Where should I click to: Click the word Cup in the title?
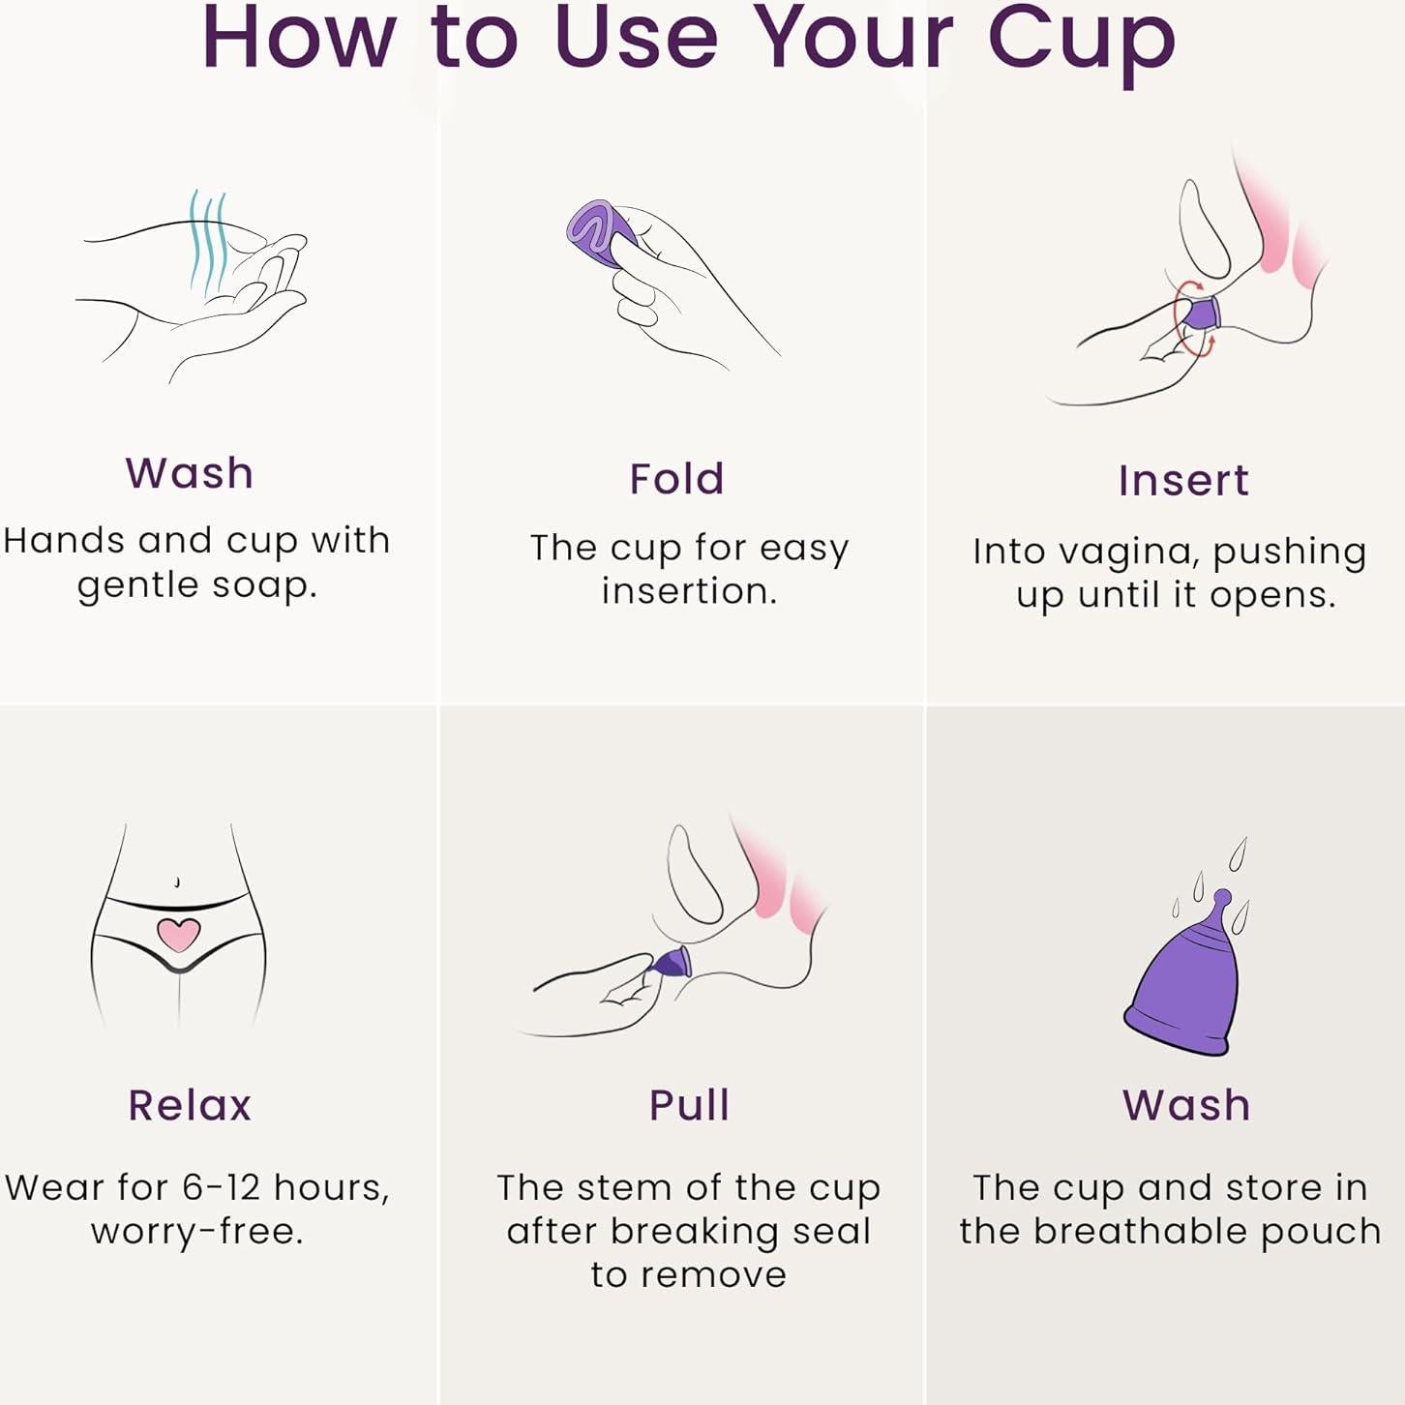tap(1081, 43)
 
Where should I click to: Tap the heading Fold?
tap(676, 479)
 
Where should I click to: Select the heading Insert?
tap(1183, 481)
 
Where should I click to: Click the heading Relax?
tap(190, 1105)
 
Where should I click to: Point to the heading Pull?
tap(689, 1105)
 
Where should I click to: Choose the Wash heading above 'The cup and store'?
tap(1186, 1105)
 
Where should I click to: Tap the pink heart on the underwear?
tap(179, 934)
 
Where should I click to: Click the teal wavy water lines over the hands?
tap(209, 242)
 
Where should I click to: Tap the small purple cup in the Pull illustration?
tap(672, 963)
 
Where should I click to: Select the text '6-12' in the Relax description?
tap(221, 1187)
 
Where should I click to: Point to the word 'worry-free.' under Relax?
tap(196, 1232)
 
